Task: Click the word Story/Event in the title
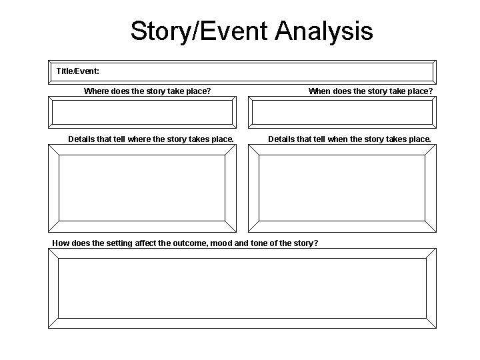(199, 31)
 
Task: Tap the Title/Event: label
(78, 70)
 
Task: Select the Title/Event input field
(267, 72)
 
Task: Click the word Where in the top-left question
(97, 91)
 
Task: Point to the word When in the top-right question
(320, 91)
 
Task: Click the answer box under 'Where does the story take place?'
(141, 111)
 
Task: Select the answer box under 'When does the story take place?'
(341, 111)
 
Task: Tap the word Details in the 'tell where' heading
(83, 139)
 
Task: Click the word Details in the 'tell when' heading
(282, 139)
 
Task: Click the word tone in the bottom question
(259, 243)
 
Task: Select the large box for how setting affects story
(241, 288)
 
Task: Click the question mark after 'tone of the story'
(315, 243)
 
